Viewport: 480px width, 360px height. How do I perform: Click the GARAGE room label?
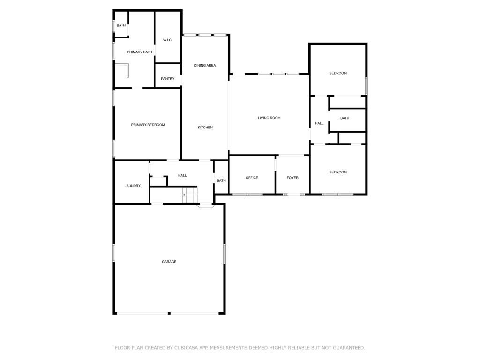click(x=169, y=262)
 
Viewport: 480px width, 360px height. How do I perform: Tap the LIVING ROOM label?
click(x=269, y=118)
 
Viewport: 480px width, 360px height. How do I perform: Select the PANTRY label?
click(x=168, y=79)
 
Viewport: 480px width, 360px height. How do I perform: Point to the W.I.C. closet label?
click(x=167, y=40)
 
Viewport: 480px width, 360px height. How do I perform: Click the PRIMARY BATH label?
click(x=140, y=52)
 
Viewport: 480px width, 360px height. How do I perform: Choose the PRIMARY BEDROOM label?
click(x=148, y=125)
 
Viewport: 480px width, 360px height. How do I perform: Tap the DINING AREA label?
click(x=205, y=65)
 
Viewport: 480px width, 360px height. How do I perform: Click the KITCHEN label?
click(x=205, y=127)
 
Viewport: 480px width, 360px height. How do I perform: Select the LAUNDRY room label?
click(x=133, y=186)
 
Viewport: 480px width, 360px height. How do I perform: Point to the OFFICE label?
click(x=252, y=178)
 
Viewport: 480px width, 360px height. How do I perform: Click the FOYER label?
click(x=292, y=178)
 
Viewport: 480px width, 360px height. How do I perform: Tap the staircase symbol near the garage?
click(x=190, y=195)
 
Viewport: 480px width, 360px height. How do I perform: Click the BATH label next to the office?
click(x=221, y=180)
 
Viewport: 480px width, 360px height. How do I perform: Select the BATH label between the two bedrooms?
click(x=345, y=118)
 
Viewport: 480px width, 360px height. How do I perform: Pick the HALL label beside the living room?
click(x=319, y=123)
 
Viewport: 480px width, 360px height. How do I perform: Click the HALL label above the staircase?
click(x=182, y=175)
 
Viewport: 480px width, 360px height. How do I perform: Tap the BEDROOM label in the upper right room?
click(x=338, y=73)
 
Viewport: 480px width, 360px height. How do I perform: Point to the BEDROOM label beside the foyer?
click(x=338, y=172)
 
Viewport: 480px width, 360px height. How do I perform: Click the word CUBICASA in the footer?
click(x=186, y=348)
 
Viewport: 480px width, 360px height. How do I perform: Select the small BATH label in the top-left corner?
click(x=121, y=25)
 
